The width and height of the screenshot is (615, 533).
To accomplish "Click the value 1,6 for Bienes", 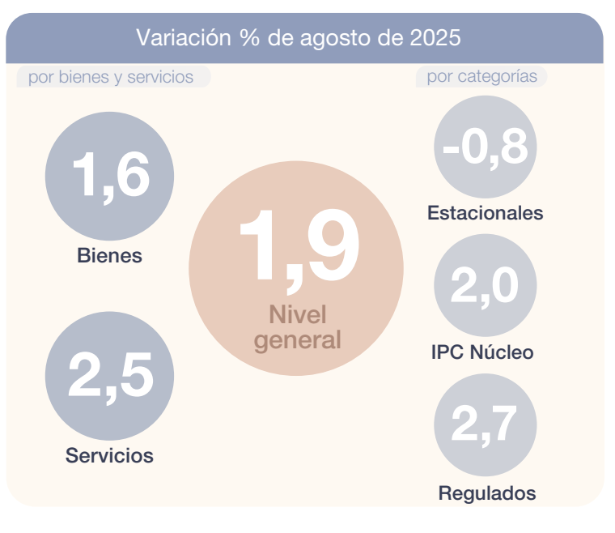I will coord(111,176).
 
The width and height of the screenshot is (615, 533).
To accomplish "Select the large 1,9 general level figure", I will coord(298,249).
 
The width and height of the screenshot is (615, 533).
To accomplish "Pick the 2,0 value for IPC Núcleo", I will coord(485,286).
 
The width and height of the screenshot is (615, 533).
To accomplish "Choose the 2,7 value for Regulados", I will coord(485,424).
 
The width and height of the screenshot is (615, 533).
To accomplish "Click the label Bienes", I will coord(109,256).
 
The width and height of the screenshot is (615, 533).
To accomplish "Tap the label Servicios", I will coord(109,455).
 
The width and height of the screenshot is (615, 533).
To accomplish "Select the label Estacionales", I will coord(485,214).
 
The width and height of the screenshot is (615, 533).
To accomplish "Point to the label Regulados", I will coord(486,492).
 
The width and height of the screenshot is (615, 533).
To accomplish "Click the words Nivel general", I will coord(298,327).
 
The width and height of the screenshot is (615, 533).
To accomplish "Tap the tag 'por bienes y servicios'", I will coord(111,77).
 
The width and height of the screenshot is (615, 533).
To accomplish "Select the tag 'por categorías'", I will coord(481,77).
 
